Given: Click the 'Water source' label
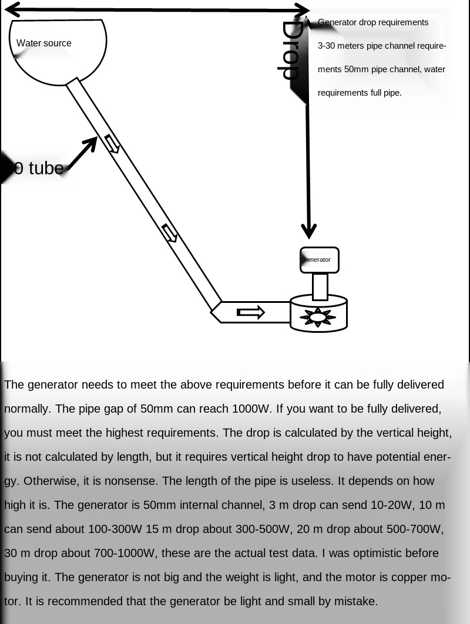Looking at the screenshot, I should (x=44, y=43).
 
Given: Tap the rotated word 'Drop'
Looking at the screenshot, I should (x=290, y=50).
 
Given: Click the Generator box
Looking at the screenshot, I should (x=319, y=260).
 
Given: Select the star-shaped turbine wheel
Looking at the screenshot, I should (x=318, y=318).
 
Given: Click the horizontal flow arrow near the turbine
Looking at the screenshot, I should (x=251, y=312).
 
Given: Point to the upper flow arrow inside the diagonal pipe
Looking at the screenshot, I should (x=112, y=144).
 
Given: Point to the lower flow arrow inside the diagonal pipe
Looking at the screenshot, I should (x=170, y=233).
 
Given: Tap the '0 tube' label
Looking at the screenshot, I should (x=37, y=168).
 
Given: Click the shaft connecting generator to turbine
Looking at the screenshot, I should (x=320, y=286).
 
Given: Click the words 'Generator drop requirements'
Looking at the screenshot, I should (x=373, y=22).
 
